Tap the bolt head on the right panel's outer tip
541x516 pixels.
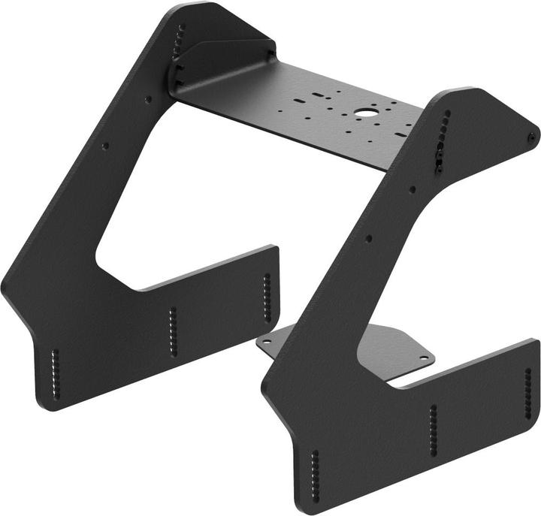532,136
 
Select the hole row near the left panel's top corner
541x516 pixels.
180,41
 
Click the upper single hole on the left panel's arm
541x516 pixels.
148,99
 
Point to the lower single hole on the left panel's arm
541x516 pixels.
105,146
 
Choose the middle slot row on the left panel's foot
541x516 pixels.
172,331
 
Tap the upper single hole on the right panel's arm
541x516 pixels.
413,189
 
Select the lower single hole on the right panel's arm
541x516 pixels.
368,238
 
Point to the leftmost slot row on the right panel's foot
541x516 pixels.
314,472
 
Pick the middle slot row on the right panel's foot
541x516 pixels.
433,429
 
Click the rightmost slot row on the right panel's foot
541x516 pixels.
527,392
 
